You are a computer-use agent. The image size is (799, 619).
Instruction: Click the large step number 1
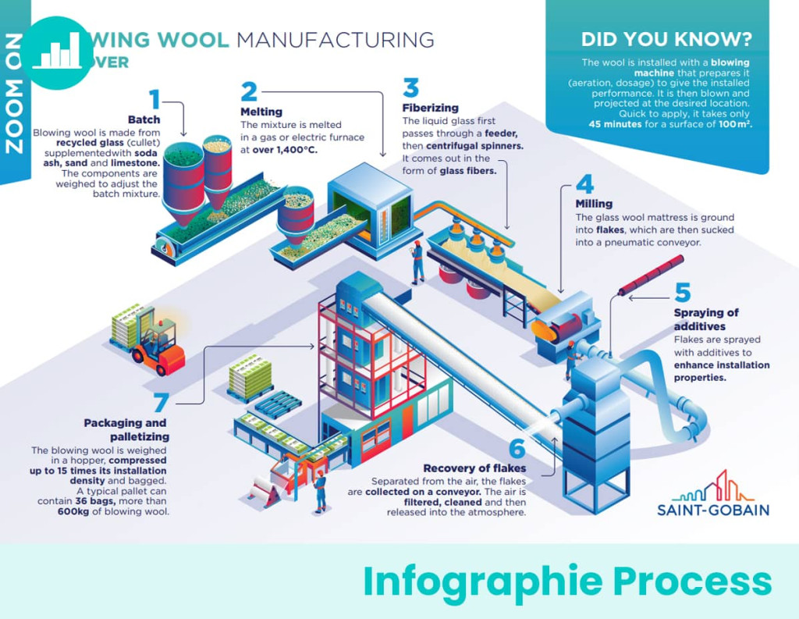[154, 100]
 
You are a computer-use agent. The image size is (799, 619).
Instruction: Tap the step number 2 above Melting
[248, 92]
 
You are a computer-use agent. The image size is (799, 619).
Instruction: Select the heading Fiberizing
[430, 108]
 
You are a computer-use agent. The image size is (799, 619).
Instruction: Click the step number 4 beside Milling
[584, 185]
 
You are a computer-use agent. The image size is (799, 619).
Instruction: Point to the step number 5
[683, 293]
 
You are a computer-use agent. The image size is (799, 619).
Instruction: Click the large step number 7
[161, 403]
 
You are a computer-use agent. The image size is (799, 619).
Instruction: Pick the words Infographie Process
[567, 582]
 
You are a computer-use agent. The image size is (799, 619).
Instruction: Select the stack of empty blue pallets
[278, 402]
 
